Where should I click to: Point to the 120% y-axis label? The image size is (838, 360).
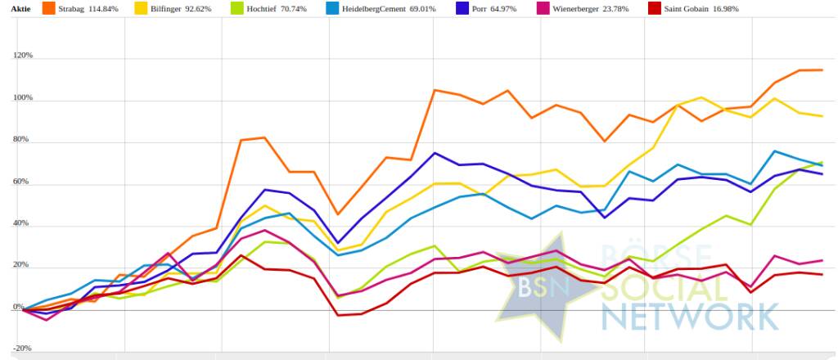coord(22,56)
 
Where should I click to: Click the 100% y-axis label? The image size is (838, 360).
coord(22,98)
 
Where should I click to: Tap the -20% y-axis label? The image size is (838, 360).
coord(22,348)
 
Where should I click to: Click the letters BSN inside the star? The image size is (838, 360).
coord(537,286)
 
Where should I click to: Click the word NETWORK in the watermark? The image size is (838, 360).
coord(689,315)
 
